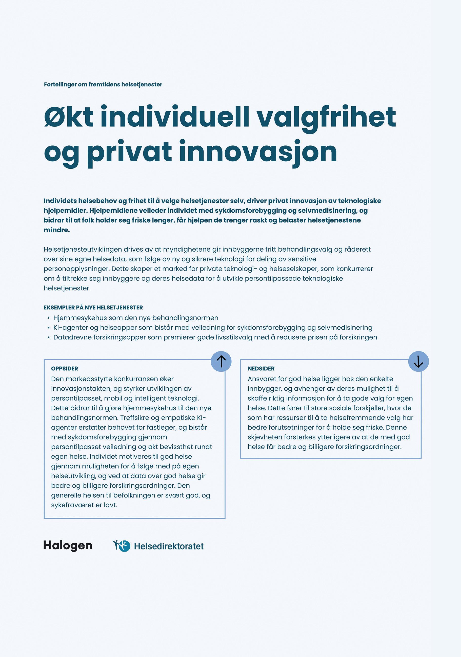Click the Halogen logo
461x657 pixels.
point(68,545)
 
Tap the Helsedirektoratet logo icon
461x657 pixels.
point(122,545)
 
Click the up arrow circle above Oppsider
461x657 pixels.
point(221,361)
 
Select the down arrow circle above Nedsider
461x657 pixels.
point(418,361)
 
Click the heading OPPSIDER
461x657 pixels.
point(65,368)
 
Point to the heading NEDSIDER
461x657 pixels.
point(261,368)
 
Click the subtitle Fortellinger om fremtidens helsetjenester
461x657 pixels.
point(103,84)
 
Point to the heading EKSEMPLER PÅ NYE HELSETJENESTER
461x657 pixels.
point(93,308)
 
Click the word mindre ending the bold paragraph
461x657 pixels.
point(56,230)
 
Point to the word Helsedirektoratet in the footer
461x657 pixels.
point(169,546)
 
